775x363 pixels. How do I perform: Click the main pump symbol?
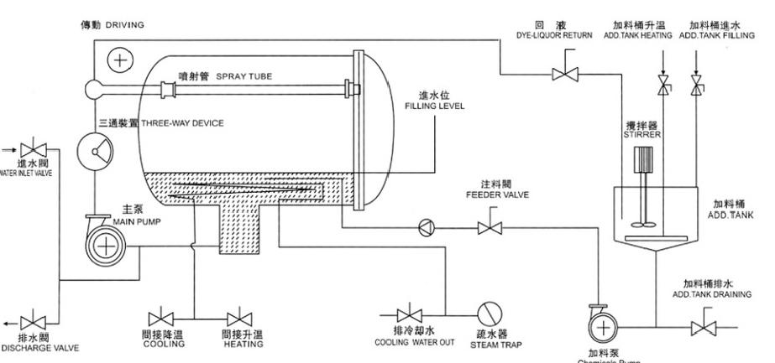pos(105,246)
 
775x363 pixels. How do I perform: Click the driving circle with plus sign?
pos(123,60)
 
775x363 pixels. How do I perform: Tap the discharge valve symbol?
pos(34,322)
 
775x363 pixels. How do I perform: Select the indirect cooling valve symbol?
pos(160,319)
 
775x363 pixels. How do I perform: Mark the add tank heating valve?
pos(662,85)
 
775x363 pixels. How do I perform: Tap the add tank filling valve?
pos(696,85)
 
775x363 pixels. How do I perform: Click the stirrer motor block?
pos(644,161)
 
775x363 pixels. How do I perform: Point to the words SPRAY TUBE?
pos(243,76)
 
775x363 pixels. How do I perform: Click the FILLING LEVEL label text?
pos(434,106)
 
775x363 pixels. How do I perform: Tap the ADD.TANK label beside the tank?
pos(729,215)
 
